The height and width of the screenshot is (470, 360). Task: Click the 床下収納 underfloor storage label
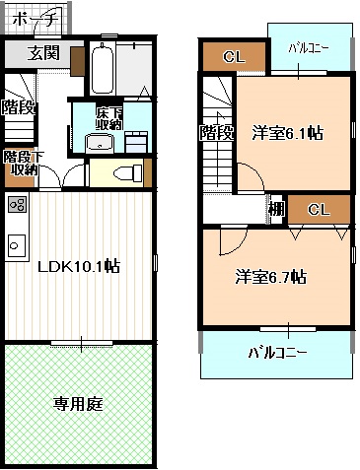pyautogui.click(x=108, y=119)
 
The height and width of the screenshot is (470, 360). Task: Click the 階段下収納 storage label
pyautogui.click(x=20, y=163)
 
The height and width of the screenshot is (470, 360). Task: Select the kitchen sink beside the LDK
pyautogui.click(x=16, y=241)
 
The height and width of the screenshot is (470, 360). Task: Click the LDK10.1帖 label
pyautogui.click(x=79, y=266)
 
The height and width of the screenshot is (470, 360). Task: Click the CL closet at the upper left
pyautogui.click(x=234, y=56)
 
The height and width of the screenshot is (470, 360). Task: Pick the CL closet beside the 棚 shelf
pyautogui.click(x=319, y=210)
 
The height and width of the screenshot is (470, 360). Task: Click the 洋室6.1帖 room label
pyautogui.click(x=288, y=132)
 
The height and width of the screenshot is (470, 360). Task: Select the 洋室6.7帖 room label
pyautogui.click(x=270, y=277)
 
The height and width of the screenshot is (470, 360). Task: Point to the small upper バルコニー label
pyautogui.click(x=309, y=47)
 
